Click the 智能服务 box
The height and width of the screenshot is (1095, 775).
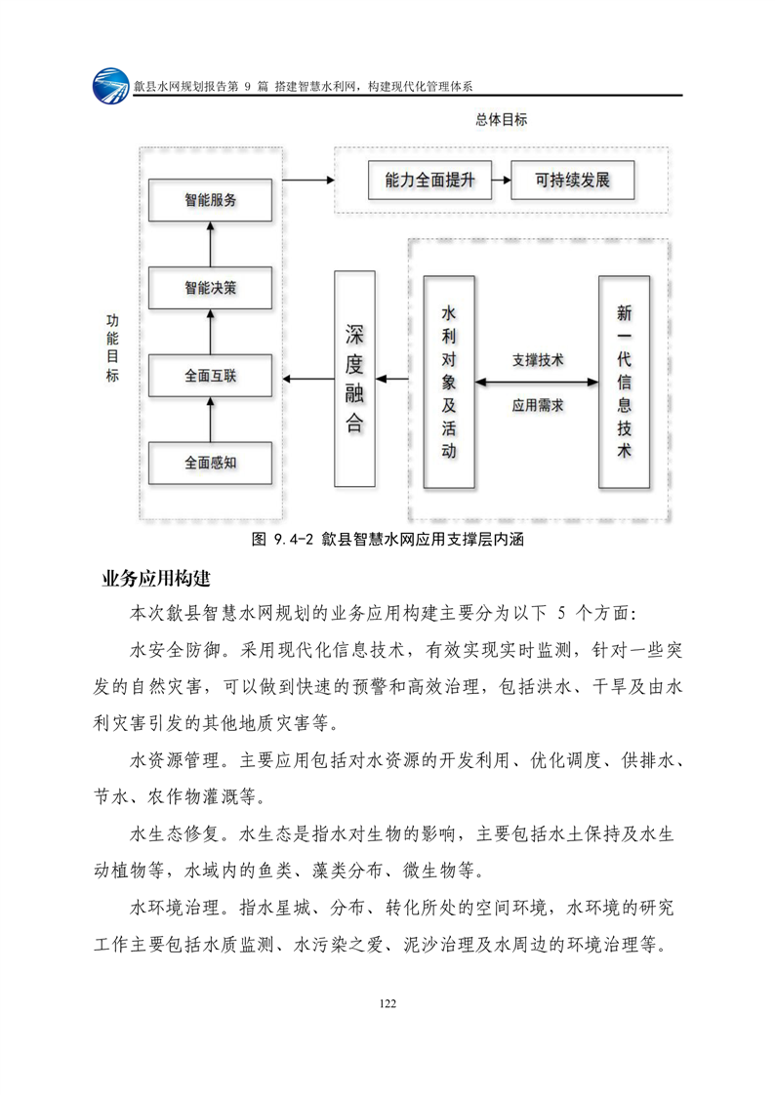(210, 200)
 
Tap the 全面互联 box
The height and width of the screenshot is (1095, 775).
(210, 376)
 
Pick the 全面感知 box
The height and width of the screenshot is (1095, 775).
(210, 463)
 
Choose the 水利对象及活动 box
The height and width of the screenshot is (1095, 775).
(449, 382)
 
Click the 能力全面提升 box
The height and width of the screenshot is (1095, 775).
(430, 181)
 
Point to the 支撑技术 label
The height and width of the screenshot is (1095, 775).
(538, 360)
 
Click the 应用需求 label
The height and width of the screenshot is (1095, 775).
(538, 404)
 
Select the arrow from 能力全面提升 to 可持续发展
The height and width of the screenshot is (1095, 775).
(500, 181)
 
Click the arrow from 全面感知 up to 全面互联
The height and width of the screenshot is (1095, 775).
(210, 419)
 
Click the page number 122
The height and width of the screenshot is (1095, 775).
(387, 1003)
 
